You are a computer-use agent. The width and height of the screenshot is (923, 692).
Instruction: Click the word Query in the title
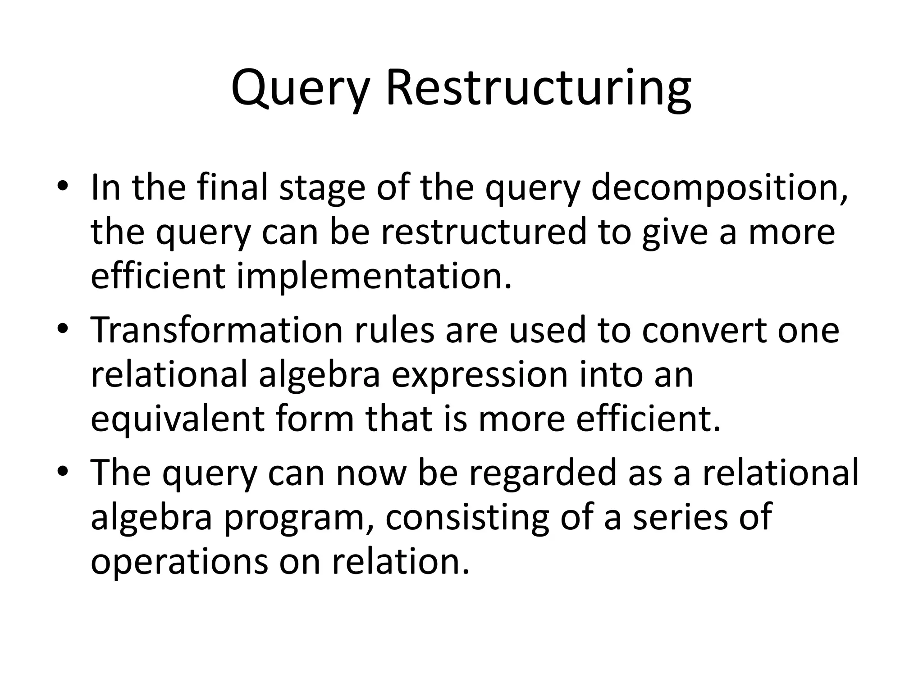click(x=299, y=89)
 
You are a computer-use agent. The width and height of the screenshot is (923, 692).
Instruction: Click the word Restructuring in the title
click(x=539, y=89)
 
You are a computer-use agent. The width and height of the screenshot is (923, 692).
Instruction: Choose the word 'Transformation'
click(x=217, y=330)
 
